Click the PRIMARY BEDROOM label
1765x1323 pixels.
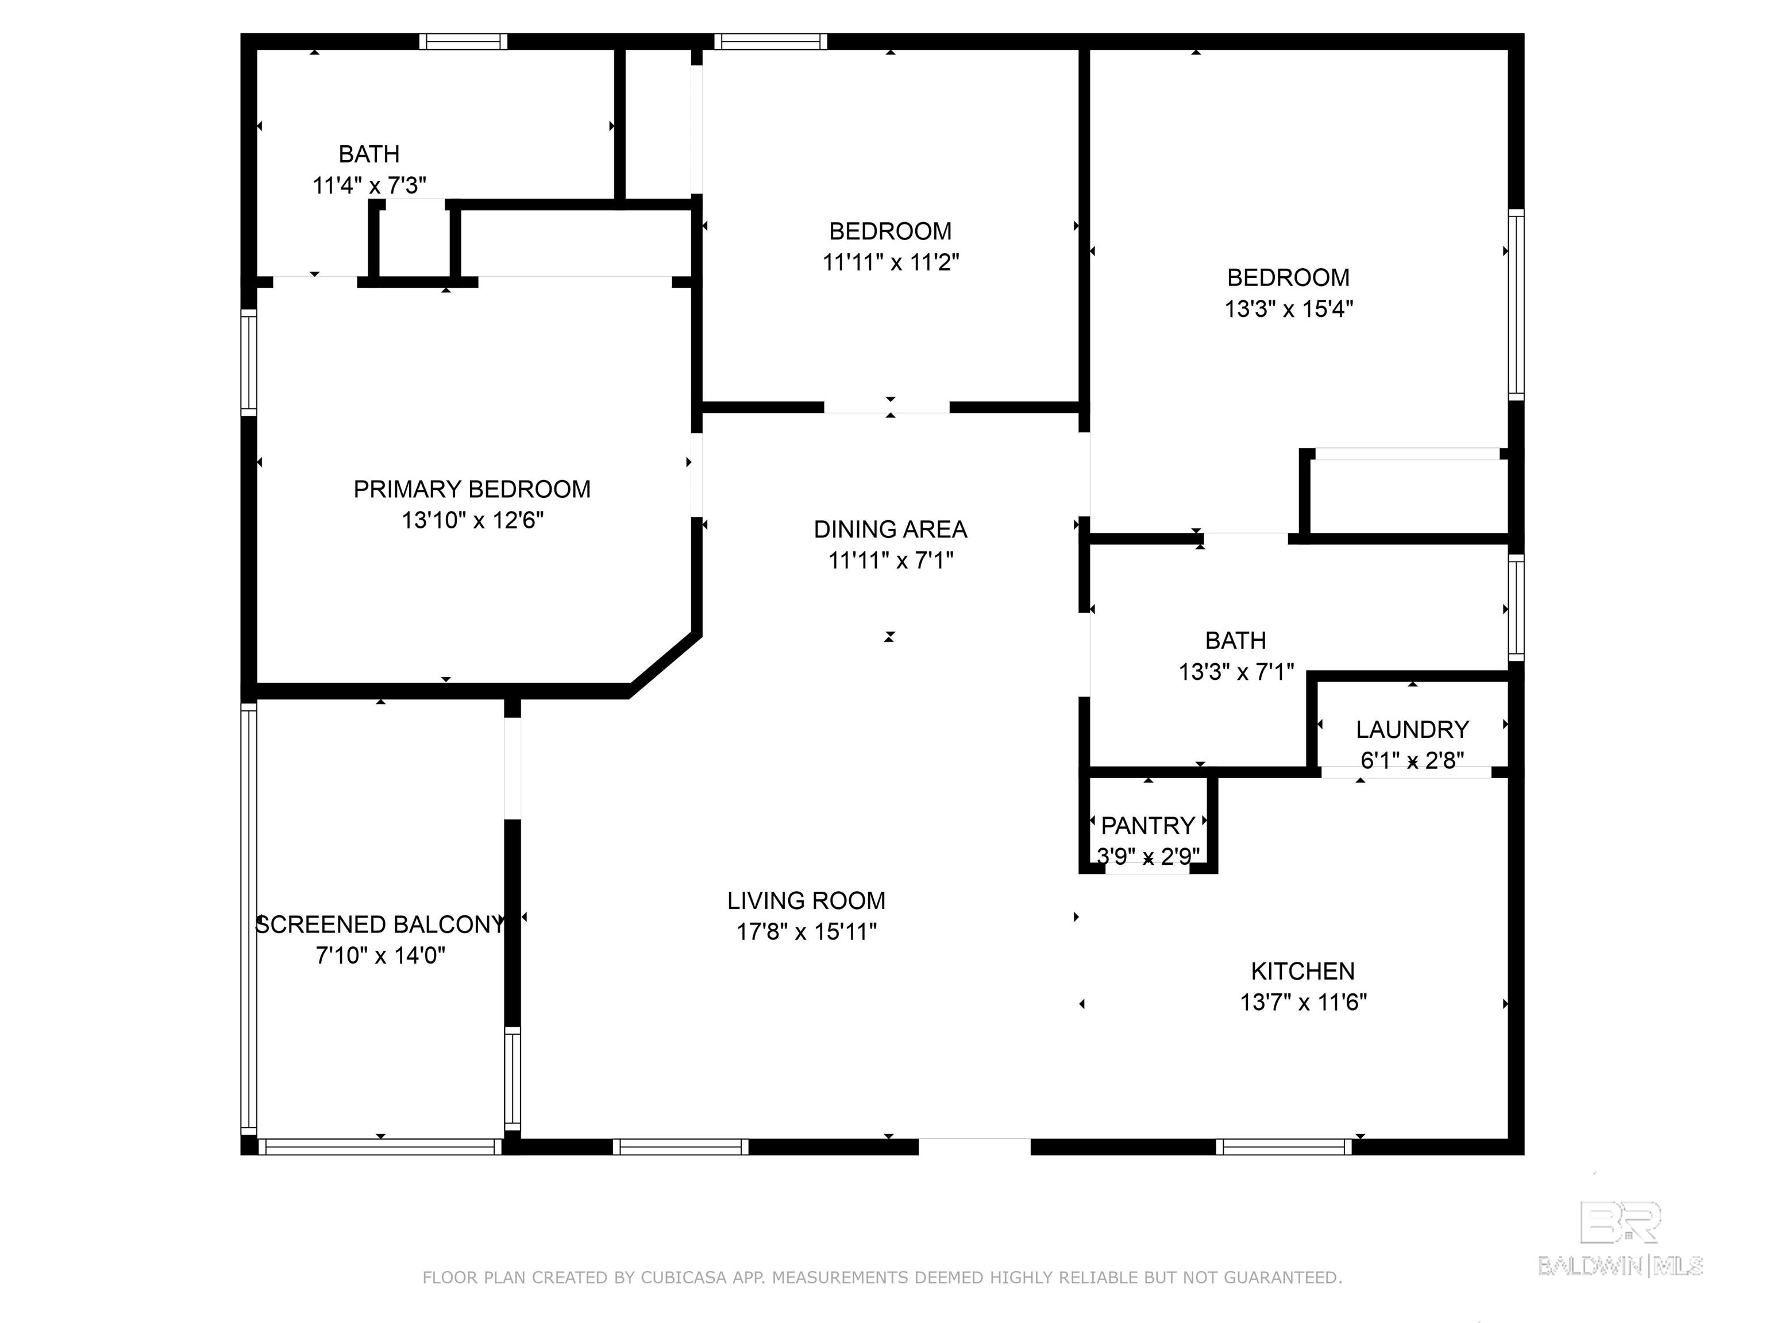click(472, 489)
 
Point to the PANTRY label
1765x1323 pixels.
click(1147, 825)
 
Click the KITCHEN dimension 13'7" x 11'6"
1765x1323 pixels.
click(1302, 1003)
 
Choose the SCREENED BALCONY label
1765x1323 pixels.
click(380, 924)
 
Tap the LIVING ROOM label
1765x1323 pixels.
click(806, 900)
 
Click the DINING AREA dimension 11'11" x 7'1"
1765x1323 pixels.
click(891, 560)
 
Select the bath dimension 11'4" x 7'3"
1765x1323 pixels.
click(369, 186)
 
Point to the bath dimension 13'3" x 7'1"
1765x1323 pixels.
click(1235, 672)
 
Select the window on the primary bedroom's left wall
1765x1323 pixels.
click(248, 362)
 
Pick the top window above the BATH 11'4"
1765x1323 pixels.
click(463, 41)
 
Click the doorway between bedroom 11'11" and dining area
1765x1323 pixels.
click(887, 408)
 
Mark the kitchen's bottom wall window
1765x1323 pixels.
click(1284, 1147)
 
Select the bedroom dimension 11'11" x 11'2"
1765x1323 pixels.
click(891, 262)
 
